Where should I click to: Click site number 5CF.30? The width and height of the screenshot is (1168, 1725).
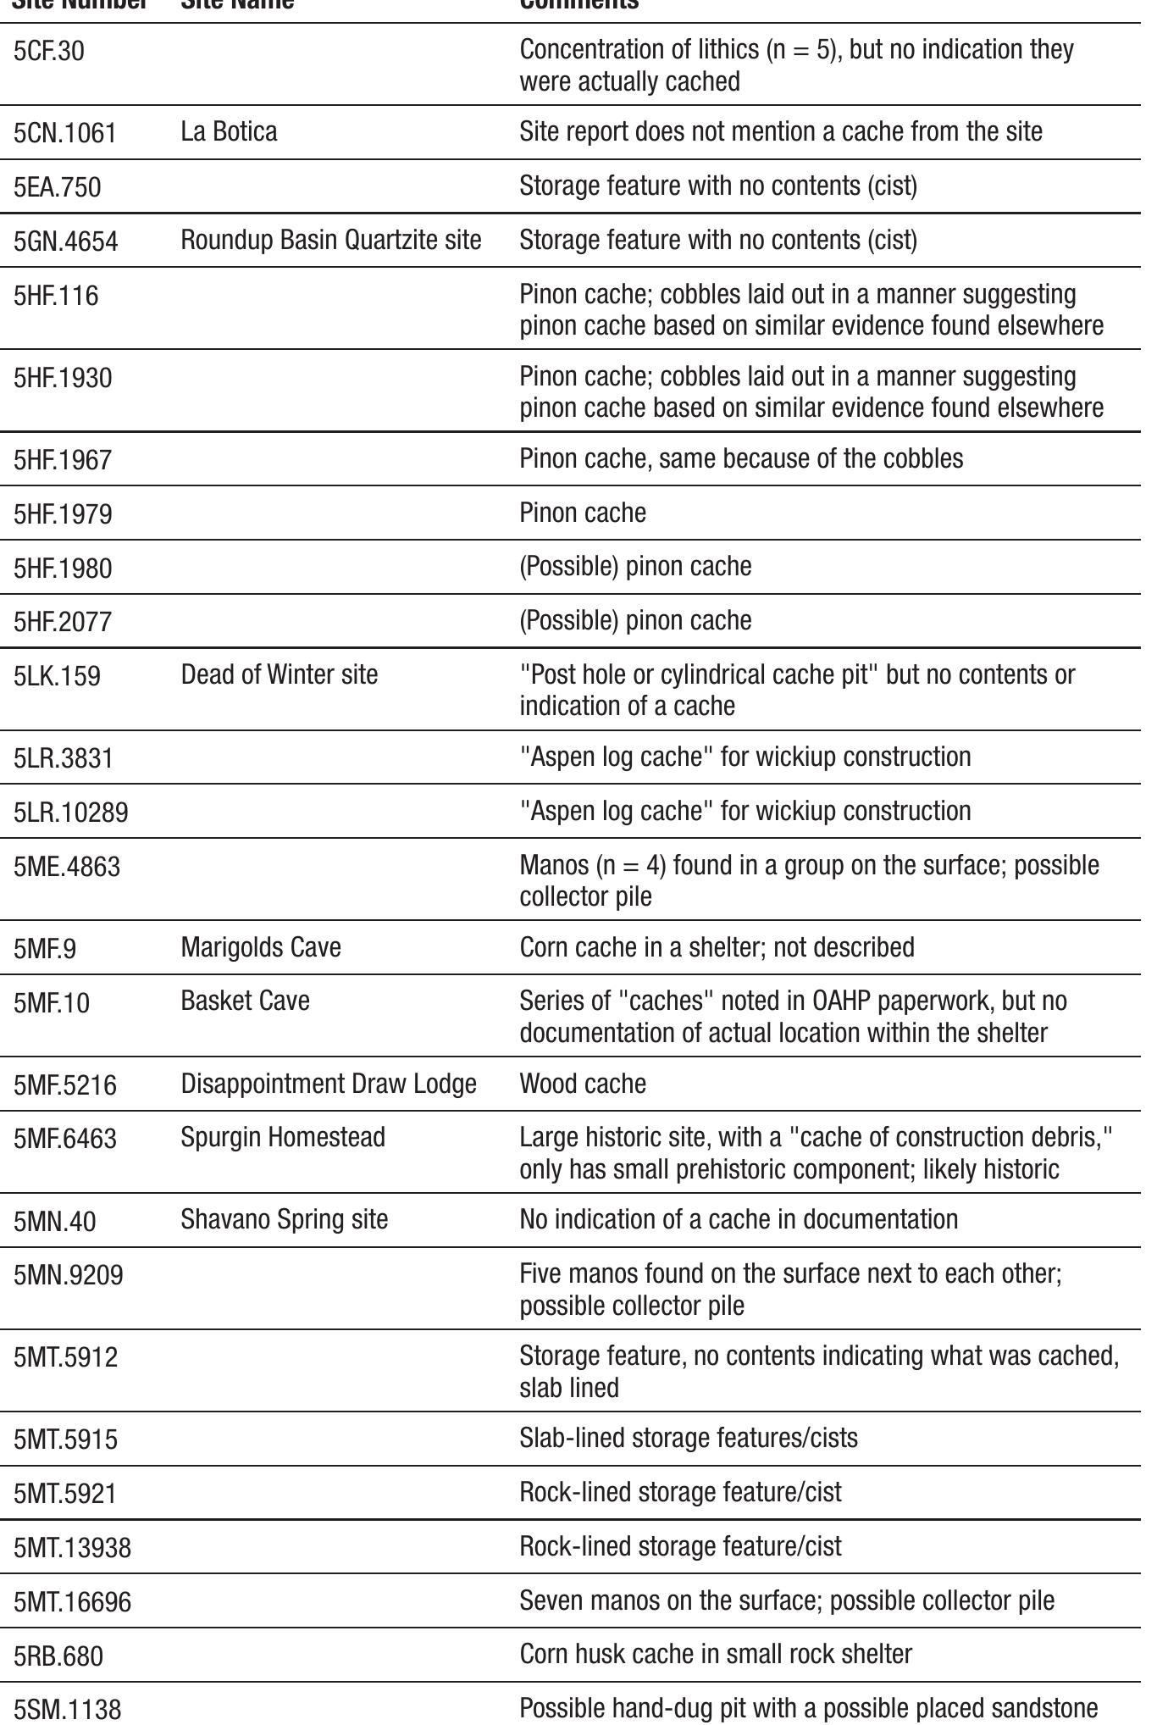click(x=48, y=52)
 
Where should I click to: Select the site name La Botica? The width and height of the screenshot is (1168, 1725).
click(x=229, y=132)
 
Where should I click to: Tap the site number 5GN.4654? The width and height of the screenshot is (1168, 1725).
click(x=65, y=241)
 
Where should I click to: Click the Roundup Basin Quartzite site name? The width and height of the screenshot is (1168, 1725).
click(x=331, y=241)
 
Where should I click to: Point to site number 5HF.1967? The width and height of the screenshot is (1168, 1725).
click(x=63, y=460)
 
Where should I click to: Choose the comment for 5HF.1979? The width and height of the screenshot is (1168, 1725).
click(x=583, y=513)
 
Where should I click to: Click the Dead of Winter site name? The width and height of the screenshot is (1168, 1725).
click(x=280, y=674)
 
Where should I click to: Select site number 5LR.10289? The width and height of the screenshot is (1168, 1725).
click(x=71, y=813)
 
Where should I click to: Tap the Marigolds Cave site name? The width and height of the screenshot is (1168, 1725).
click(x=261, y=946)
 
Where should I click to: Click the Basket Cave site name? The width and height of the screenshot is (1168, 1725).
click(x=246, y=1001)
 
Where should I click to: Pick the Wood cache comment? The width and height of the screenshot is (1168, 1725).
click(x=583, y=1084)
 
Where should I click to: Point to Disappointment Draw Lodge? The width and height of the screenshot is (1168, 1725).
click(x=329, y=1084)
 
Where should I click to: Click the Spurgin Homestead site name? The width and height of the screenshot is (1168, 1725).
click(x=283, y=1137)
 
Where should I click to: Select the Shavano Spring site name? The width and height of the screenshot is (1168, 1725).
click(x=285, y=1219)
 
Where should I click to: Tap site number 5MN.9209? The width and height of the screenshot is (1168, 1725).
click(x=68, y=1275)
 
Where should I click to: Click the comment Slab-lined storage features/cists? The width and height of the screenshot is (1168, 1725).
click(x=689, y=1438)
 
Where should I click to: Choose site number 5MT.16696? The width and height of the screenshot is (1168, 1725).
click(x=72, y=1602)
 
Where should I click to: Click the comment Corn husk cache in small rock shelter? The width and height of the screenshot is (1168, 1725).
click(x=716, y=1654)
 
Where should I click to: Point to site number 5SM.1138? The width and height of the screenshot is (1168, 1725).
click(x=68, y=1709)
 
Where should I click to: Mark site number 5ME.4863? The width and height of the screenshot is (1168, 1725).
click(x=67, y=867)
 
